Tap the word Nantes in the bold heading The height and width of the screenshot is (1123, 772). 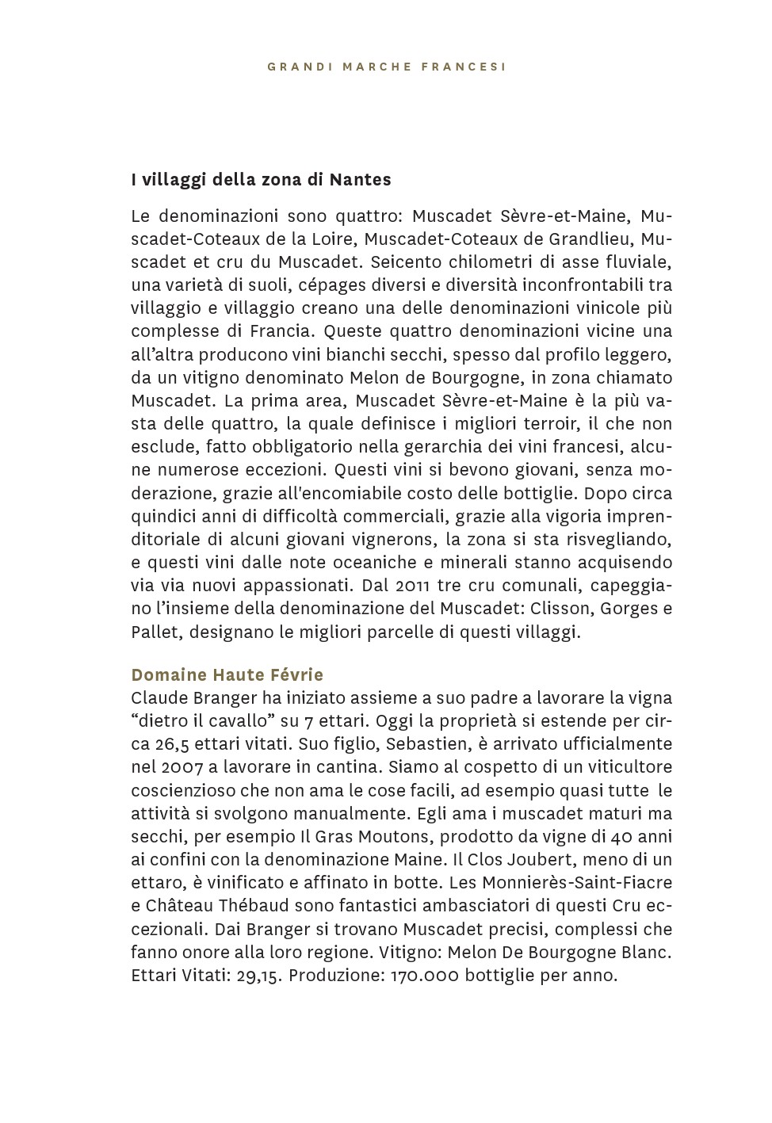[361, 180]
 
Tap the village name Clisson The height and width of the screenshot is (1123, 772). [565, 609]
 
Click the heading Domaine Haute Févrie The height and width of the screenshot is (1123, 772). [227, 675]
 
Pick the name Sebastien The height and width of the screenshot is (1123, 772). [430, 744]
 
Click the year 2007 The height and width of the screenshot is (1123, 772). [183, 767]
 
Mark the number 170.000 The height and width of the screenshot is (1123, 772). [425, 976]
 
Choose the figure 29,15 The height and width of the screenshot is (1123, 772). [259, 976]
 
